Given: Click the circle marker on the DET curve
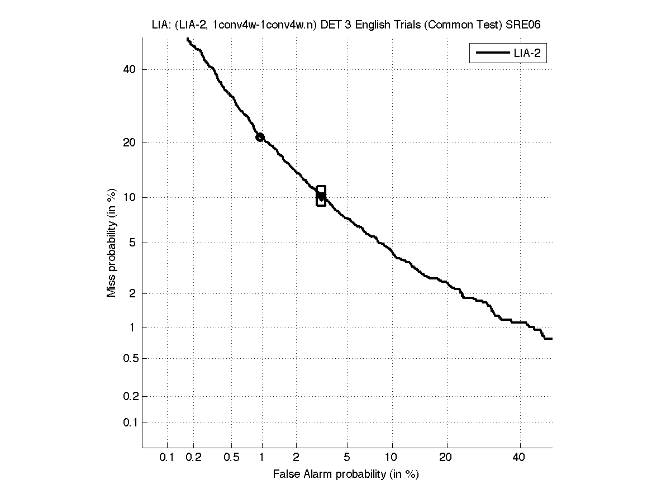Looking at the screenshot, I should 260,137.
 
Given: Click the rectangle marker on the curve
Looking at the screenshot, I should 321,196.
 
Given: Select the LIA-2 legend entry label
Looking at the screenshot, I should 526,54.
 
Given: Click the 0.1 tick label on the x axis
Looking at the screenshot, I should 167,458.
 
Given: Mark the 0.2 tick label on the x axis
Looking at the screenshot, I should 193,458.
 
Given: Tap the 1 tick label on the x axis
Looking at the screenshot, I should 262,458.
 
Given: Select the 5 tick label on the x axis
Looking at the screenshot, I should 347,458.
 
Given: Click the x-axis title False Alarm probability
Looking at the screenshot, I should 346,474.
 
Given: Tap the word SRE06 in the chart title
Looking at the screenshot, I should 525,25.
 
